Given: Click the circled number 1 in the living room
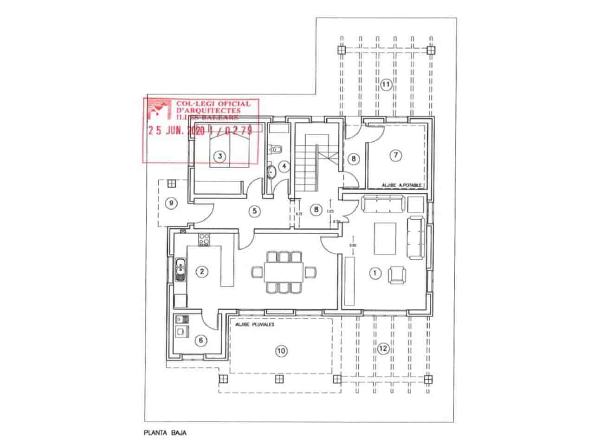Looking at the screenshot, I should pos(374,273).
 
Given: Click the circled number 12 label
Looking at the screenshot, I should pos(382,349).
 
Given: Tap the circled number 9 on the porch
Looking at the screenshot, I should pos(171,203).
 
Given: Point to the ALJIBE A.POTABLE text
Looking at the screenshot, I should pos(401,185).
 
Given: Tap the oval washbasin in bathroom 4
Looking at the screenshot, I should pos(272,172).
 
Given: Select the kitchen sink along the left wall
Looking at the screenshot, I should pos(180,270).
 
